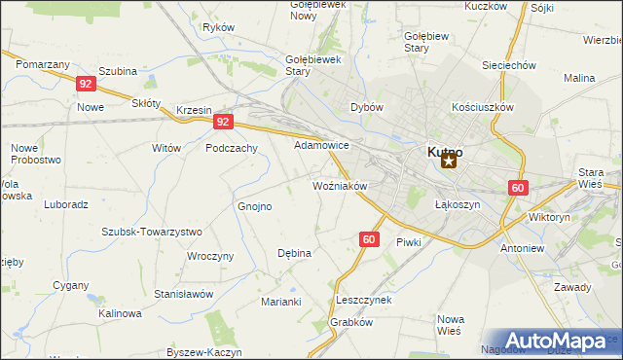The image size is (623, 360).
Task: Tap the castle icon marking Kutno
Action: (448, 162)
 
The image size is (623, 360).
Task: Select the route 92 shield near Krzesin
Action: (224, 122)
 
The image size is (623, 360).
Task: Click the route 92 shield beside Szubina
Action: (86, 84)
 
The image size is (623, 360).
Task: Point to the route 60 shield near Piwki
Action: (368, 238)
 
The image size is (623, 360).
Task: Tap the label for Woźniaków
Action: (339, 185)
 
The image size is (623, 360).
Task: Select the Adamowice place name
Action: (321, 145)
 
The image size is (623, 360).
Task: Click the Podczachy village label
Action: (232, 148)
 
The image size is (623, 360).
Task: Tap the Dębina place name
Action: (294, 253)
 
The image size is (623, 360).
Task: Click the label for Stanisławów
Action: (184, 293)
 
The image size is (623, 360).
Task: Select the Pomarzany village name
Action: (43, 63)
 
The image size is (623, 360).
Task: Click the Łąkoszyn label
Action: (453, 205)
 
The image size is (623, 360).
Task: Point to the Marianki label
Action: (280, 302)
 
